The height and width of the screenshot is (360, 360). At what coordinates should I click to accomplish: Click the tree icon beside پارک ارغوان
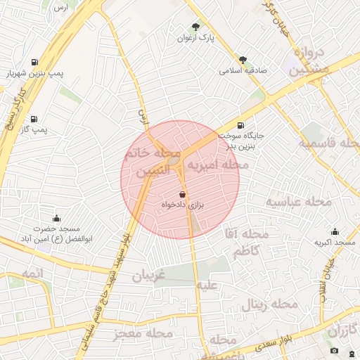point(196,26)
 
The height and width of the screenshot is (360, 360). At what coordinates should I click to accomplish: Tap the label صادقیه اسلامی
point(240,70)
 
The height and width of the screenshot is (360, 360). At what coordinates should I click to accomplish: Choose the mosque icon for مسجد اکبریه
point(335,232)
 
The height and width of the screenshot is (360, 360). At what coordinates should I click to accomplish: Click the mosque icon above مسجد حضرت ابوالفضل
point(57,219)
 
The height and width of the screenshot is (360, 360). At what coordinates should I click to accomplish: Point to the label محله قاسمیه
point(330,143)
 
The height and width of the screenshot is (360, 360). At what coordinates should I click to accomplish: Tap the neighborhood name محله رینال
point(270,305)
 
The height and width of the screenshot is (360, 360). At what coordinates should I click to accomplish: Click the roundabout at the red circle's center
point(174,162)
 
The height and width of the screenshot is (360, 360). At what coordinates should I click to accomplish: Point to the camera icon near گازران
point(334,350)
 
